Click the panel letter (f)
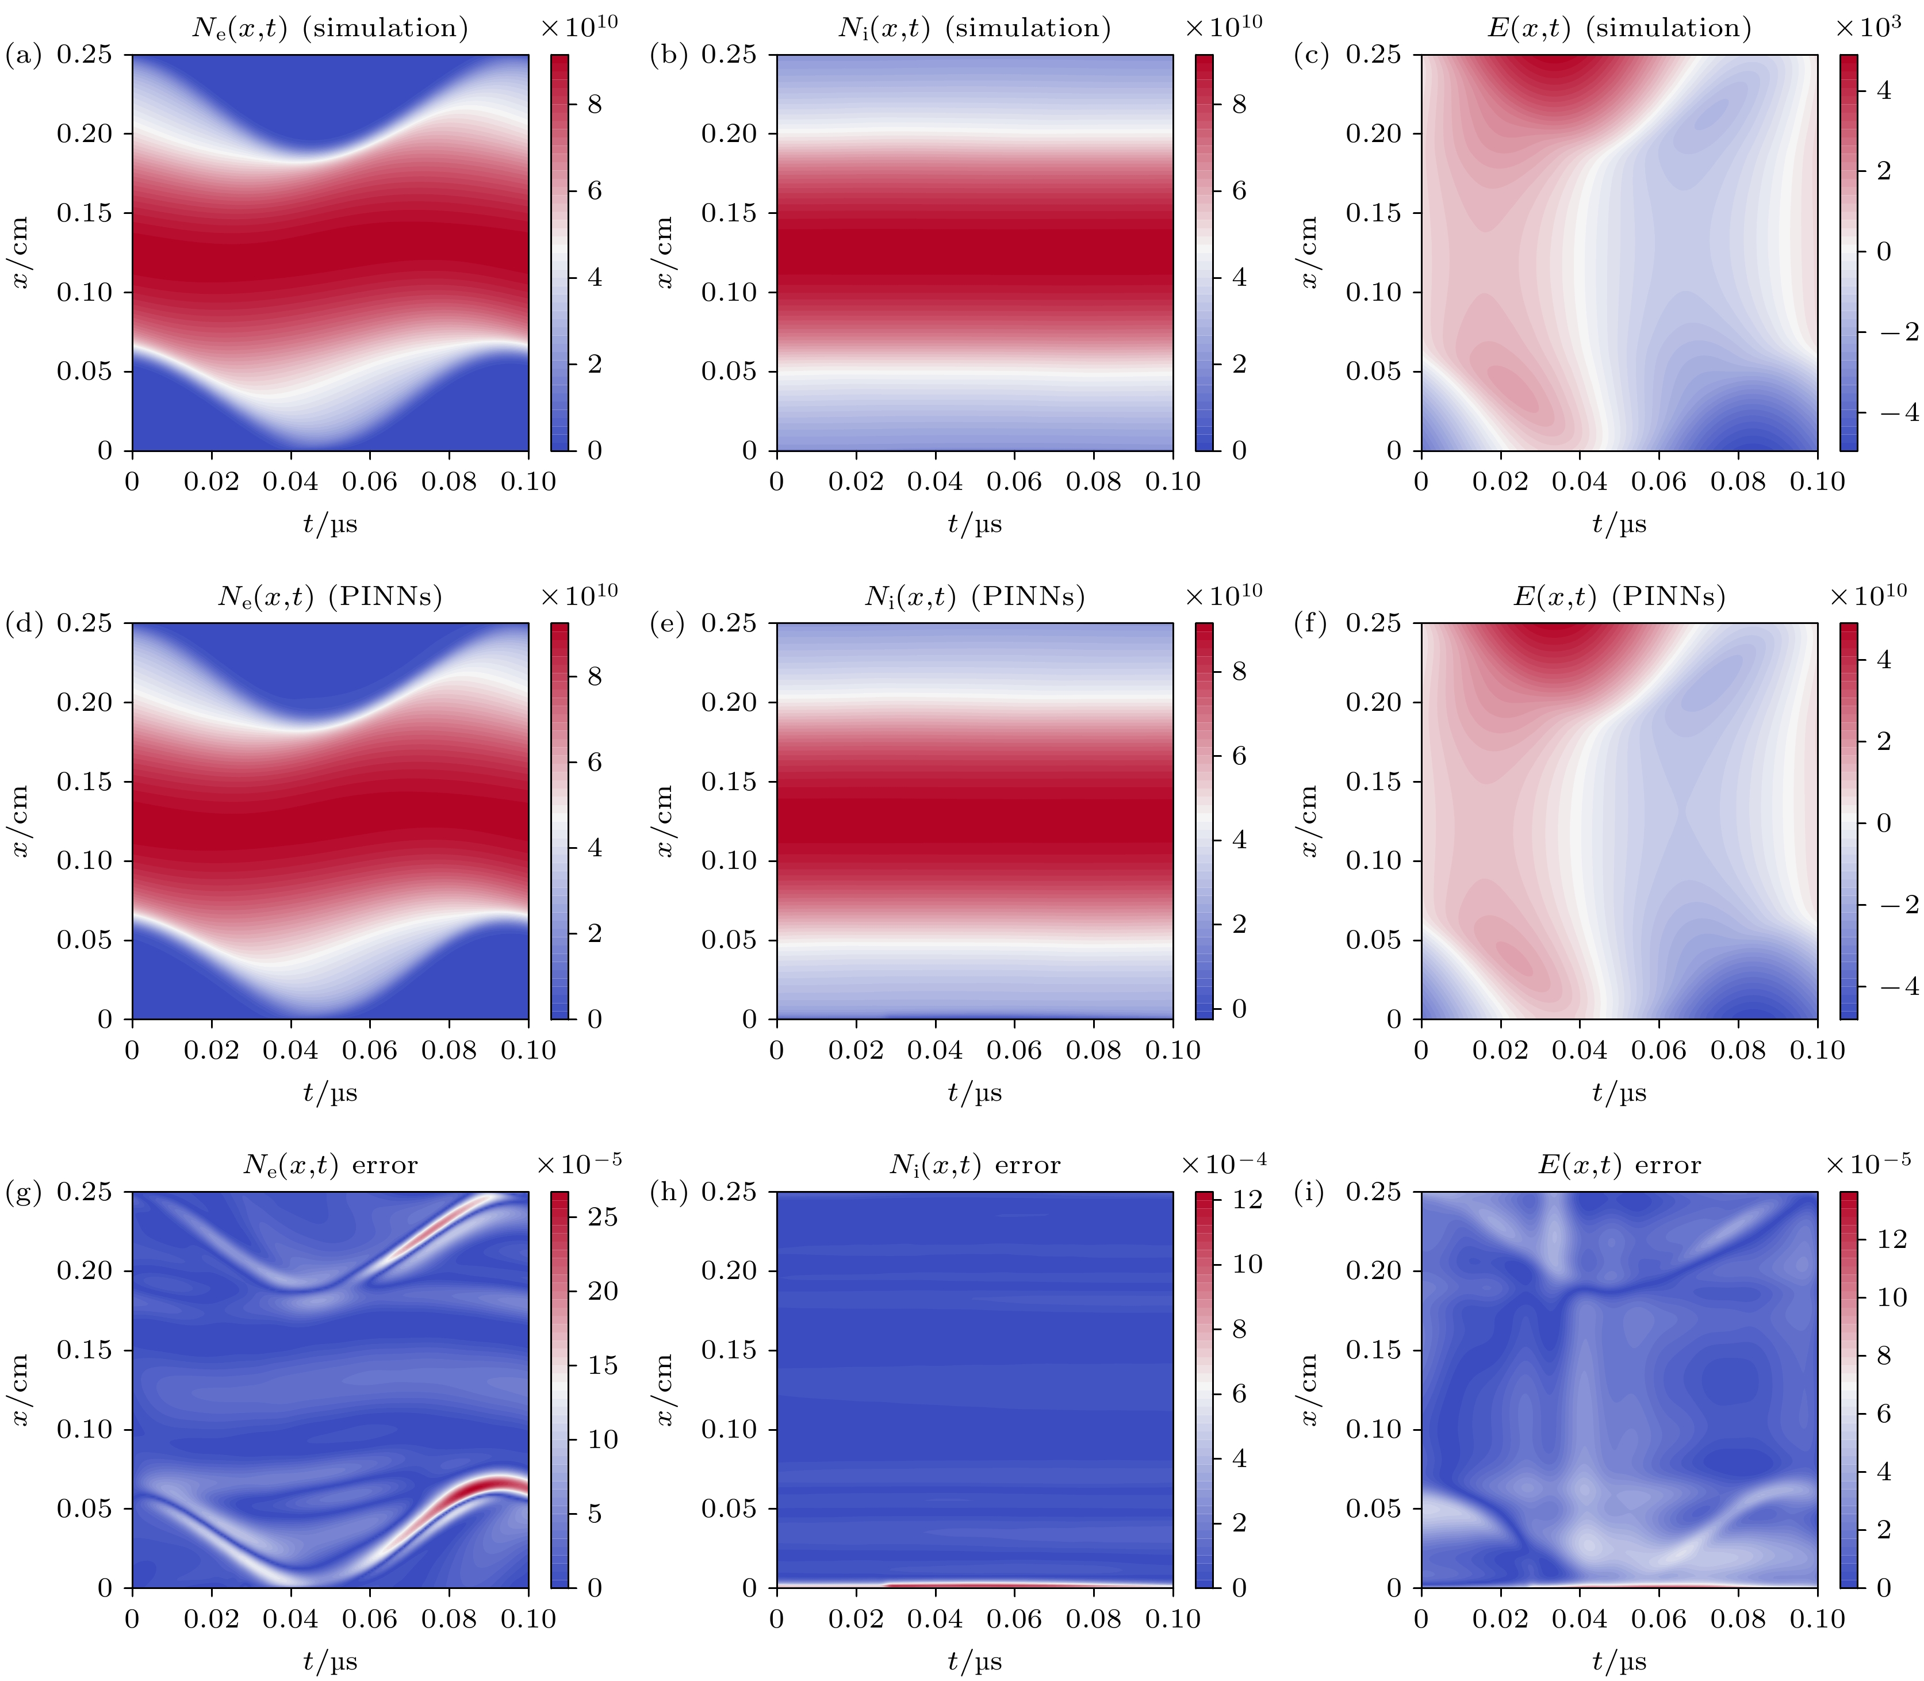(x=1310, y=624)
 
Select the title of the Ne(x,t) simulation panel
(x=330, y=28)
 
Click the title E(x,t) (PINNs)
(x=1619, y=596)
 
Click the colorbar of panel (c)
(x=1848, y=252)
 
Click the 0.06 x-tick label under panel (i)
(x=1659, y=1619)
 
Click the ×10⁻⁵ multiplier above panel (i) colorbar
(x=1868, y=1163)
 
